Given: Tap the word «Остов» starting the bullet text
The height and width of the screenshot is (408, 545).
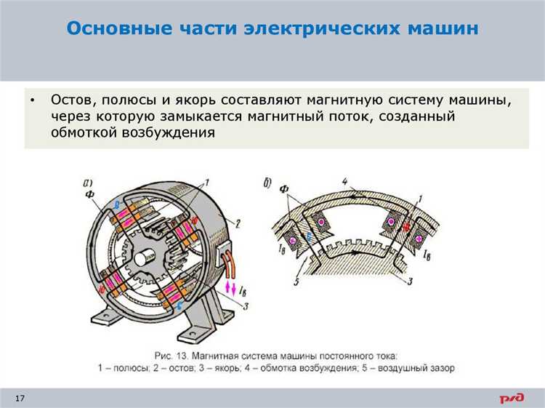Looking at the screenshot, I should [x=70, y=100].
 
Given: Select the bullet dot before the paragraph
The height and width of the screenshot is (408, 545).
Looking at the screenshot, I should [x=33, y=100].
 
